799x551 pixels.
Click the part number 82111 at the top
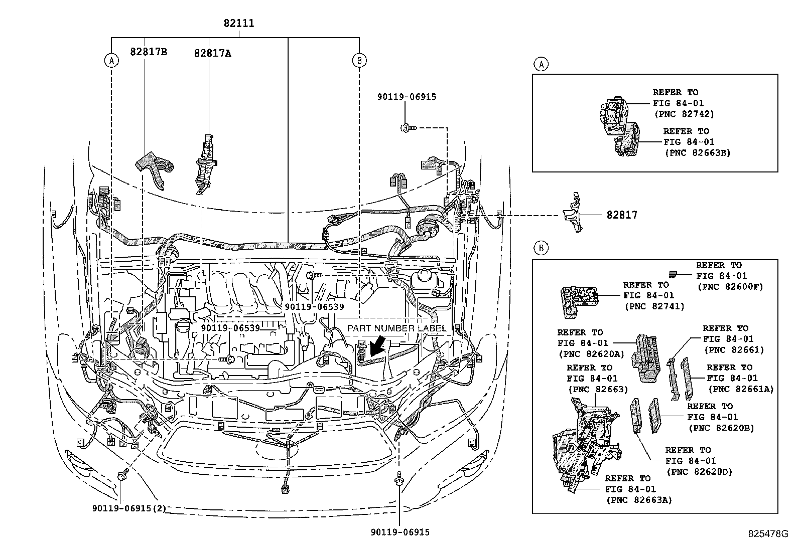point(239,23)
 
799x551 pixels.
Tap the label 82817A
point(212,53)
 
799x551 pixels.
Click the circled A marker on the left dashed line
point(111,60)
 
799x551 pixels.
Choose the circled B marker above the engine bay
point(359,60)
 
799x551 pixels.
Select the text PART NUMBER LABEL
point(396,328)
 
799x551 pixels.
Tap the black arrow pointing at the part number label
point(377,347)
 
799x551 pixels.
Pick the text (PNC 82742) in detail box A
point(684,114)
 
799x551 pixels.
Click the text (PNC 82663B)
point(697,152)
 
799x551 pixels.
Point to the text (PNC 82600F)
point(730,286)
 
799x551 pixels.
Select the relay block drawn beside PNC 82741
point(577,301)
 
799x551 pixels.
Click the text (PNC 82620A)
point(591,353)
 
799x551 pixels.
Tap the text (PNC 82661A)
point(740,389)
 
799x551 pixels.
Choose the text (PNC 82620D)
point(699,471)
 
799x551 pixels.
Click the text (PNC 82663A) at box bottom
point(639,499)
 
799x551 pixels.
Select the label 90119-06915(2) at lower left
point(129,508)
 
